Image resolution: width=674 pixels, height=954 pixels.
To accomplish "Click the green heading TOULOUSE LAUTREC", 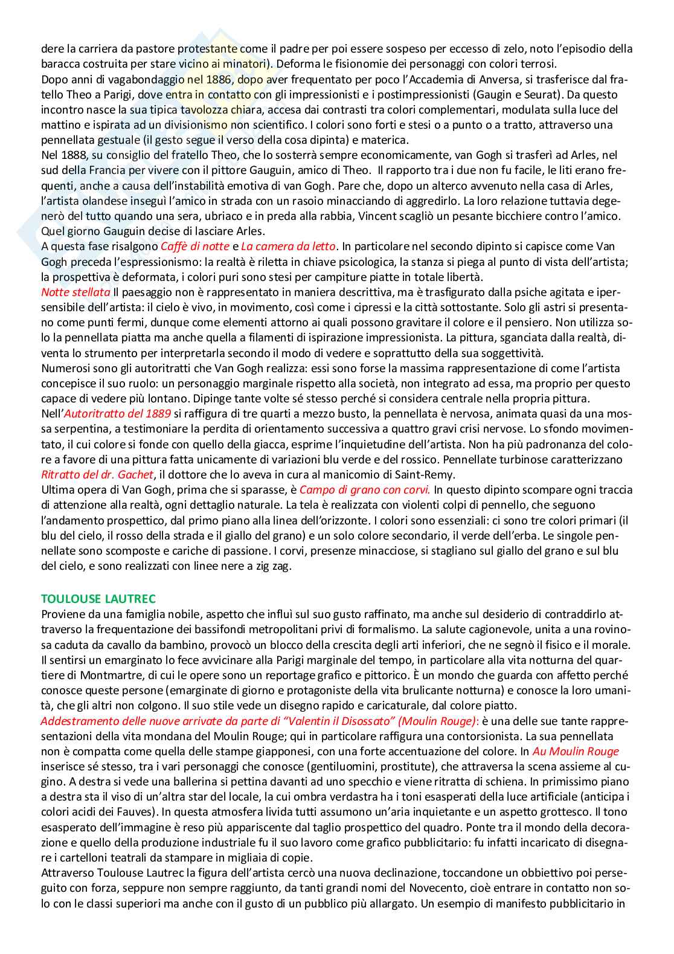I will (98, 599).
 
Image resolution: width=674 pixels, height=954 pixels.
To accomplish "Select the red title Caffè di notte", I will (195, 246).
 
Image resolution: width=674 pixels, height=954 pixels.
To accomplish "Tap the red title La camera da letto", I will (288, 246).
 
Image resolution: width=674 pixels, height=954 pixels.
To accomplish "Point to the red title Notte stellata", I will (75, 292).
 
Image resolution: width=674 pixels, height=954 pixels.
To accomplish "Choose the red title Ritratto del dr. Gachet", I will (98, 474).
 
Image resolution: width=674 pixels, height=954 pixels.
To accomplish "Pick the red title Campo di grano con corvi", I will (365, 489).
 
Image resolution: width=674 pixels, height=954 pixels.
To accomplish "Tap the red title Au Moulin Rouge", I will (576, 751).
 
